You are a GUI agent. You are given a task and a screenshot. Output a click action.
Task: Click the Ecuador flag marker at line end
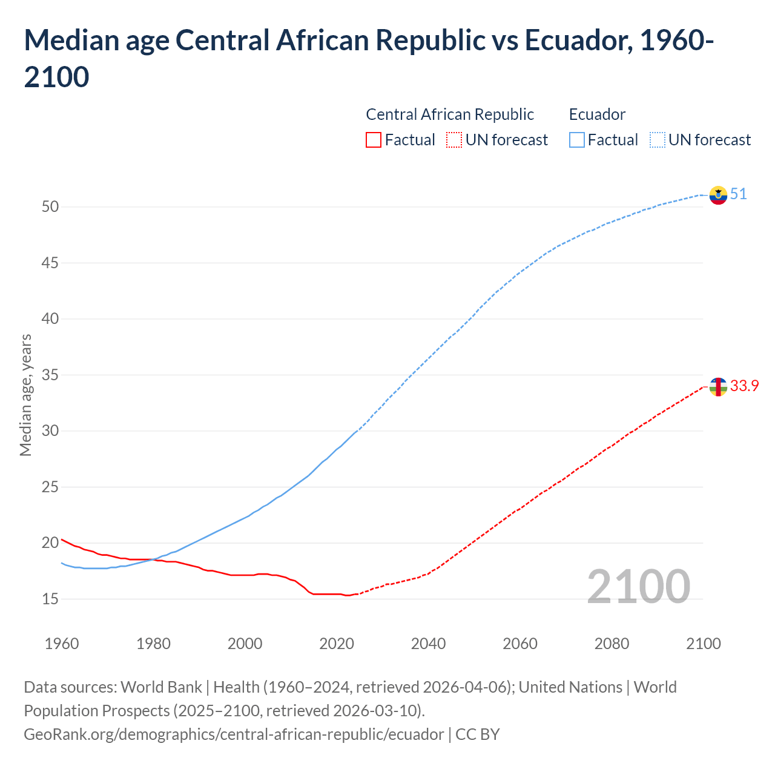718,195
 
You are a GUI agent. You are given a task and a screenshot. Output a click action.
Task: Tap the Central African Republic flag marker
718,386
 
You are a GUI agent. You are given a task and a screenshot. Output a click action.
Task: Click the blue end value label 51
738,194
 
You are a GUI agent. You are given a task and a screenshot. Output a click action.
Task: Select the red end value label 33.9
744,386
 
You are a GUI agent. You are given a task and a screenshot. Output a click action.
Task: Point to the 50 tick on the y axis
50,207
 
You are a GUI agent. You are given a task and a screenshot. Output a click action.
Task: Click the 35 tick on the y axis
50,375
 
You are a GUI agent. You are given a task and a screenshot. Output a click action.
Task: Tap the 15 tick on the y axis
50,599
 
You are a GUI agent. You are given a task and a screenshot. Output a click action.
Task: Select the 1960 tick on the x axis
62,644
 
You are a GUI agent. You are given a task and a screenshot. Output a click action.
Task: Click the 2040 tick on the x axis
428,644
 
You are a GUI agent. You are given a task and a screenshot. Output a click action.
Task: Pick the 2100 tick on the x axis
703,644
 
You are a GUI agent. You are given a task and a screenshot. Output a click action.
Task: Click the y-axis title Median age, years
25,395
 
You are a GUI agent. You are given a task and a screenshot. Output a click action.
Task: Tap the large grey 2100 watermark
638,587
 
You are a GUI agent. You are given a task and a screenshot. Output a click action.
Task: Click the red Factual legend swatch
374,140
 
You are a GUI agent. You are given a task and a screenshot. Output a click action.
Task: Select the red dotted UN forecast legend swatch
454,140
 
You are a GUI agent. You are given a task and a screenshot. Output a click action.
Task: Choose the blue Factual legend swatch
577,140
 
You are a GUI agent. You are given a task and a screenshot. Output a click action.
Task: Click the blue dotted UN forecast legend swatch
658,140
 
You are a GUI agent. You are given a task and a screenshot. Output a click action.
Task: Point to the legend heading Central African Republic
450,114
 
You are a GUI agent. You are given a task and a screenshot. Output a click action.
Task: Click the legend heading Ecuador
597,114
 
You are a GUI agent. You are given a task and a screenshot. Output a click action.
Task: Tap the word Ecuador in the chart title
574,41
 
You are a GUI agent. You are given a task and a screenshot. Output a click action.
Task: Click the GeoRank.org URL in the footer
234,734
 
